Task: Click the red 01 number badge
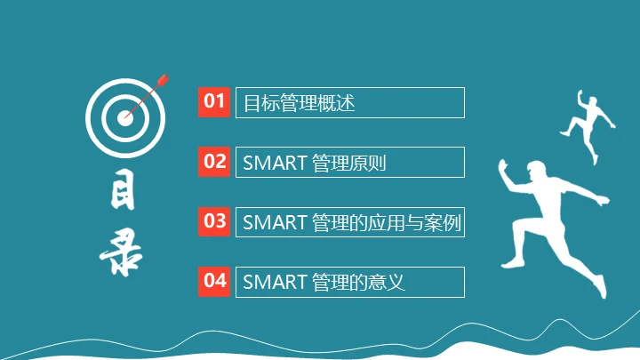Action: click(x=214, y=101)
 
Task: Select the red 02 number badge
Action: click(x=214, y=162)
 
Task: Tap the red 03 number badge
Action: click(x=214, y=221)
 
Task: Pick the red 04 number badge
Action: click(x=214, y=281)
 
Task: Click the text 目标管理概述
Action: click(x=300, y=103)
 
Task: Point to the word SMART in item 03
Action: click(x=275, y=223)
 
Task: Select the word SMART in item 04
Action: click(x=275, y=283)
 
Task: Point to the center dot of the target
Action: click(x=124, y=116)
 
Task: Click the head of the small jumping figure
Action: click(x=597, y=104)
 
